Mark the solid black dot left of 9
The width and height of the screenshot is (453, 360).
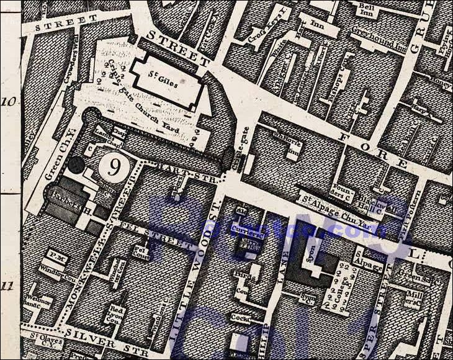click(76, 165)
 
